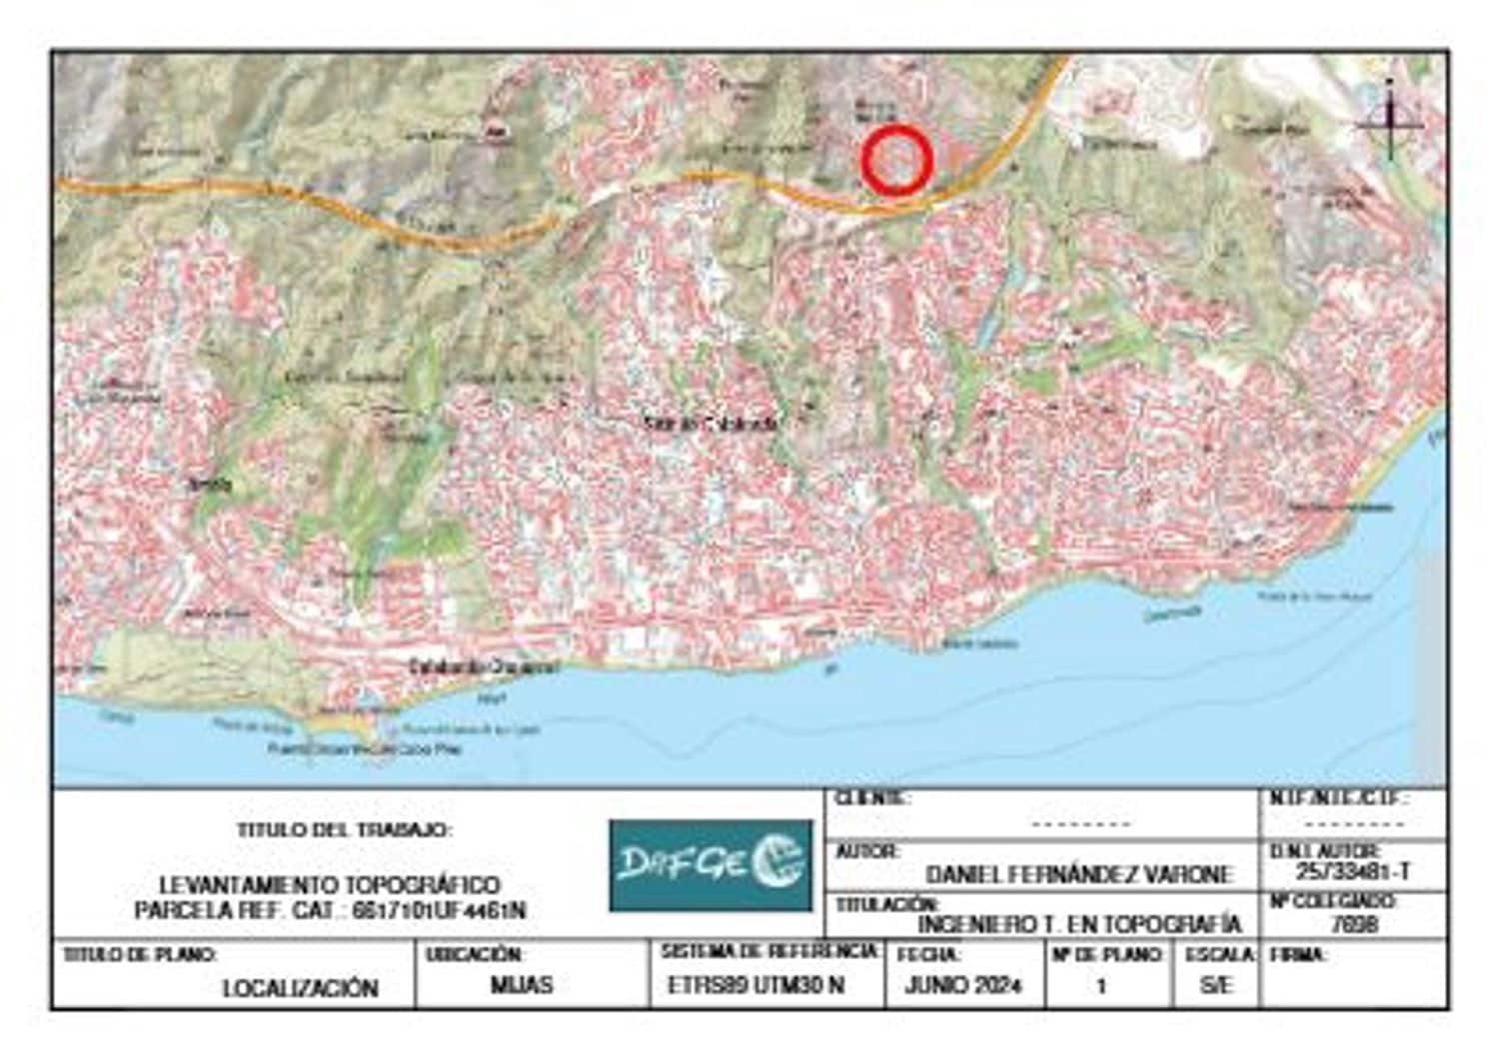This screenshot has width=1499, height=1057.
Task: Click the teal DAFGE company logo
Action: pos(711,865)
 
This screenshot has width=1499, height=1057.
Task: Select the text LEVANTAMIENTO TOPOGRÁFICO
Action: pos(330,885)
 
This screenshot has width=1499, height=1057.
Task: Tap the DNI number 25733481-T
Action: pos(1353,871)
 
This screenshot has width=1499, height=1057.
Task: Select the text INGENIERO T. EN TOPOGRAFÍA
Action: pos(1078,924)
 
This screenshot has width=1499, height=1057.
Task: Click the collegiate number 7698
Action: pos(1354,924)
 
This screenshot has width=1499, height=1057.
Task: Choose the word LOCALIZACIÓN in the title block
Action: pos(300,988)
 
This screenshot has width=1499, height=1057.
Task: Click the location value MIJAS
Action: pos(522,985)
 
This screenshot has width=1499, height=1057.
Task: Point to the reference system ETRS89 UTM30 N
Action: pos(755,985)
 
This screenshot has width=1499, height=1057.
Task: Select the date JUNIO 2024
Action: pos(963,985)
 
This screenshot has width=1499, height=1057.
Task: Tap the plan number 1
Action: pos(1101,986)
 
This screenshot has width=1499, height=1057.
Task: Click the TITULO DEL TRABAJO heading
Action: pos(345,830)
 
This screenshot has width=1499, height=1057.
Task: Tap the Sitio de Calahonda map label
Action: pos(711,424)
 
